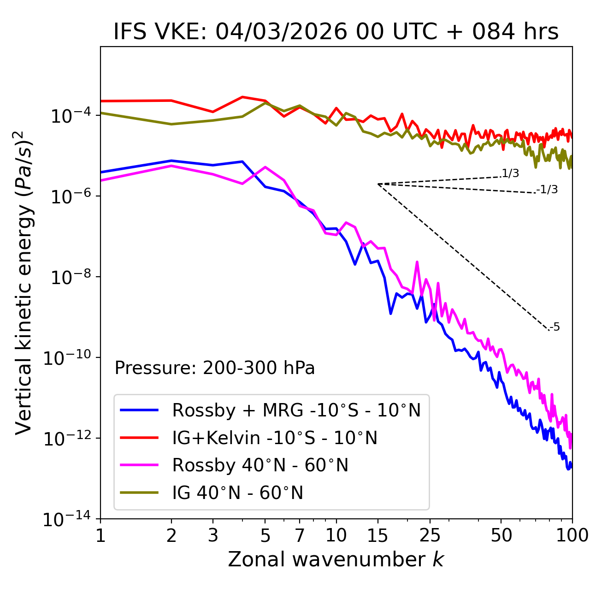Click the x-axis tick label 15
click(x=378, y=535)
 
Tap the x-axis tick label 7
click(x=300, y=535)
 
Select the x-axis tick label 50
click(x=501, y=535)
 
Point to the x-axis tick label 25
click(x=430, y=535)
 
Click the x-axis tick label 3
click(x=213, y=535)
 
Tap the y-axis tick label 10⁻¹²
click(x=67, y=439)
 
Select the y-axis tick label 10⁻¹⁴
click(x=67, y=520)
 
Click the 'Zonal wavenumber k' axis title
click(x=336, y=559)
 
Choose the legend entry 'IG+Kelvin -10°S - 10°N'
click(x=275, y=438)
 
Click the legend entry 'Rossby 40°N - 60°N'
click(x=260, y=465)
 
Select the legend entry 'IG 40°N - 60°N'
click(x=237, y=493)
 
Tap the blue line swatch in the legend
click(x=139, y=410)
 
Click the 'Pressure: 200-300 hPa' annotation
click(x=215, y=368)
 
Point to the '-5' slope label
click(x=555, y=327)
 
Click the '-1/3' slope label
click(x=548, y=190)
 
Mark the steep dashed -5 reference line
click(x=463, y=257)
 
